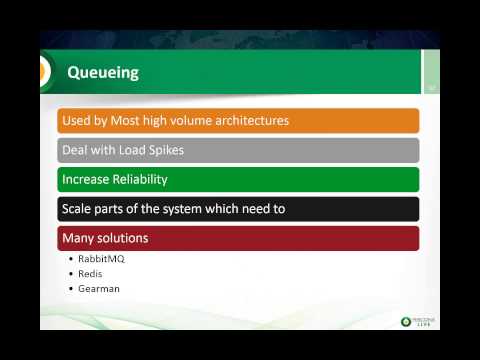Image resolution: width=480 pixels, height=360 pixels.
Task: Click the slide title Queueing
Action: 102,73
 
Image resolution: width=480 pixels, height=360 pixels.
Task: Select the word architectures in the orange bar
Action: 247,121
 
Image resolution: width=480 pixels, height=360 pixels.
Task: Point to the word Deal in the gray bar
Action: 76,151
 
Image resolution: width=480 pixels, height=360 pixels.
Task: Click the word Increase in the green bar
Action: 87,180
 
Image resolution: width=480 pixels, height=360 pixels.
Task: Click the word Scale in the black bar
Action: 77,209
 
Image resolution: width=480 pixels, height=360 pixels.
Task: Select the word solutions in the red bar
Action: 124,238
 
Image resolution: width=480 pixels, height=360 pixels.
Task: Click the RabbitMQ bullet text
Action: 101,258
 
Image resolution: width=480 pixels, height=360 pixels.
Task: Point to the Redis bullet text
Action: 90,273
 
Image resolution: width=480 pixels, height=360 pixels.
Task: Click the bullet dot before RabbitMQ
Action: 70,258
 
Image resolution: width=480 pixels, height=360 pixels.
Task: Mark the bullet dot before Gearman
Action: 70,288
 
